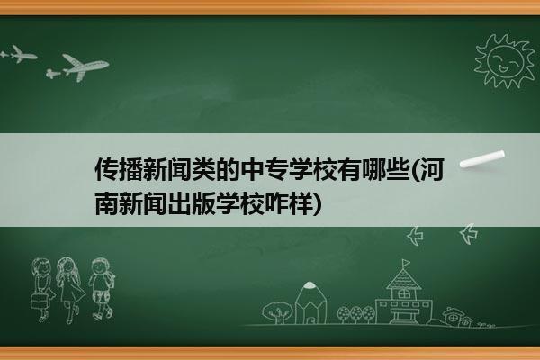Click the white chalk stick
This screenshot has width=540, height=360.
point(482,159)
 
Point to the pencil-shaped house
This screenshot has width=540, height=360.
point(310,302)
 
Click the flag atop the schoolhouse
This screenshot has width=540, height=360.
point(407,263)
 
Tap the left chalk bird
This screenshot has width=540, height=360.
point(415,236)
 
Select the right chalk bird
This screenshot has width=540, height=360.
point(469,234)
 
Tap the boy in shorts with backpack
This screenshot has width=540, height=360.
point(102,288)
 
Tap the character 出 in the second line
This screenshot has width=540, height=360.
point(179,203)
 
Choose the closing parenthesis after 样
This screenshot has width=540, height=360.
point(318,204)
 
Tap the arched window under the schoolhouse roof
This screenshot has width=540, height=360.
point(403,294)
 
